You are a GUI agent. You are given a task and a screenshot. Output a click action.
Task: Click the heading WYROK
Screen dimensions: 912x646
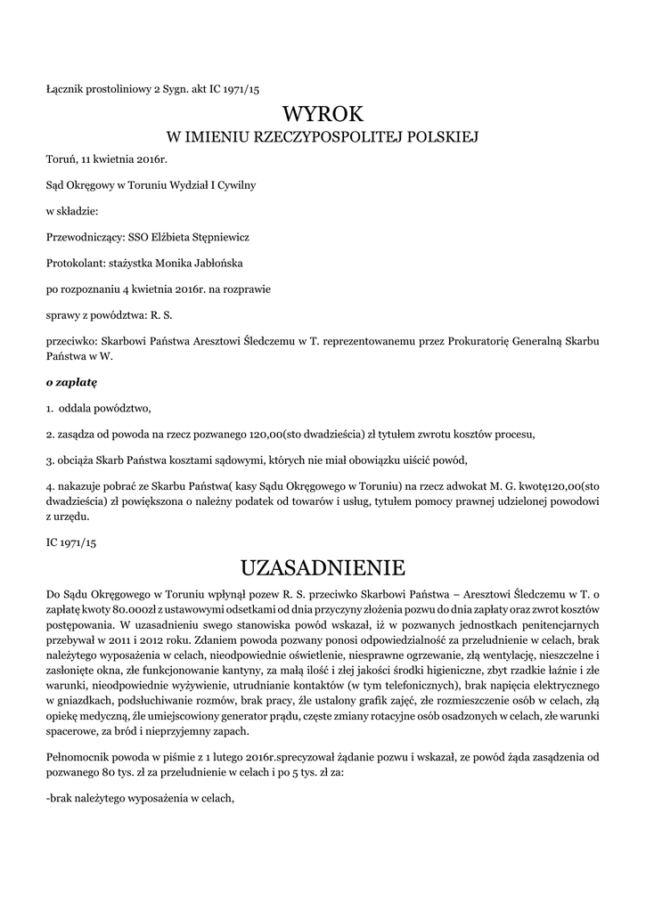pyautogui.click(x=323, y=114)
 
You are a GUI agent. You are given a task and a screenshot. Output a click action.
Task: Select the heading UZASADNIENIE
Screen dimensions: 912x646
pyautogui.click(x=323, y=567)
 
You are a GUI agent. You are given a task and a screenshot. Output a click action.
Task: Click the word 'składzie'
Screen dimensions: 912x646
pyautogui.click(x=77, y=211)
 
